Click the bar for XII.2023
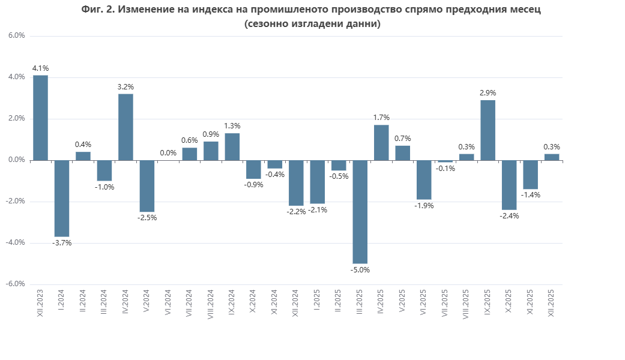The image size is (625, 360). click(40, 118)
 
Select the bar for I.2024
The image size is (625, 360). click(62, 199)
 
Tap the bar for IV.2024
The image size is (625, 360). click(125, 127)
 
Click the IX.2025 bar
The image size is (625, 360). click(488, 130)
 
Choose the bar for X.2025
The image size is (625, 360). click(509, 185)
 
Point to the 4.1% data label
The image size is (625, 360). click(40, 68)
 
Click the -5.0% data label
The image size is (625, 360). click(360, 270)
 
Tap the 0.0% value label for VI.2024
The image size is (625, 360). click(168, 153)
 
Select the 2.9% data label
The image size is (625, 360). click(488, 93)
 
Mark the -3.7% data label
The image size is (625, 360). click(62, 243)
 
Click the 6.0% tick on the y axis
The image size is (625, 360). click(16, 36)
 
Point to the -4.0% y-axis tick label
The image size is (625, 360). click(15, 243)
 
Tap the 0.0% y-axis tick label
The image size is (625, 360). click(16, 160)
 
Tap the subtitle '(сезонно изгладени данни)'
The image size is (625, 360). click(312, 24)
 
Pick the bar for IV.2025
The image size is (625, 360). click(381, 143)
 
